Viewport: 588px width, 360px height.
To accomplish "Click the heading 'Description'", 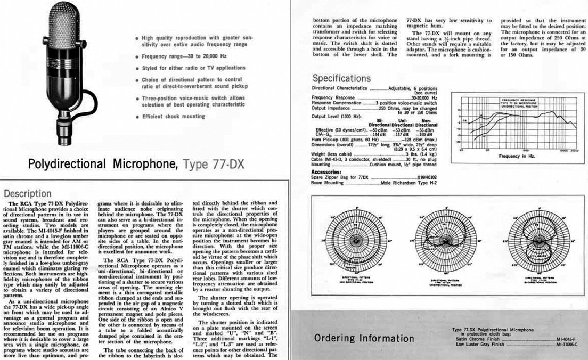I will (x=29, y=194).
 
